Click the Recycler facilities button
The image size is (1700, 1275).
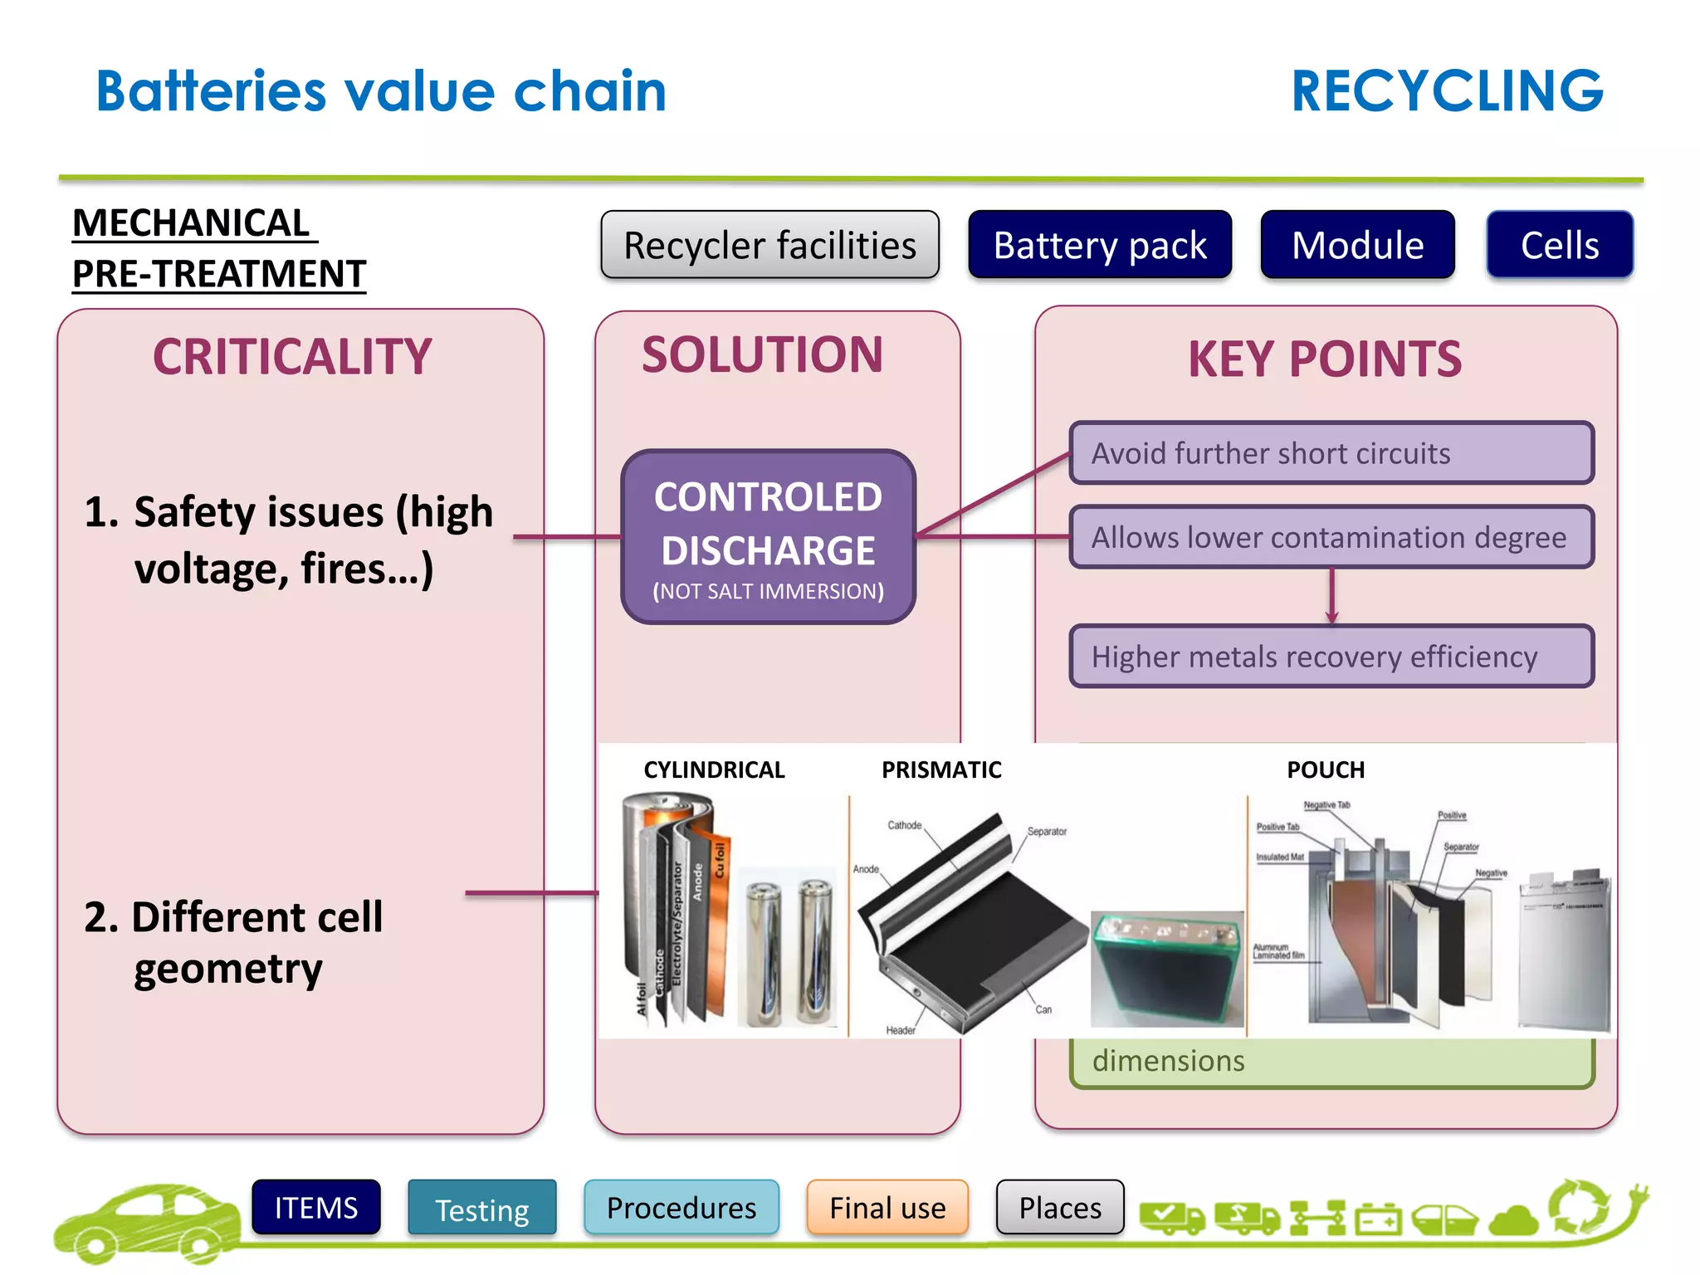[769, 245]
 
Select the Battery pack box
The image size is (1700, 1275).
[1099, 245]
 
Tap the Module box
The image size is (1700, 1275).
[1357, 245]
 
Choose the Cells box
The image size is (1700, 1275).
[1559, 245]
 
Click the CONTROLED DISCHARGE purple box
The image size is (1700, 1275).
[768, 536]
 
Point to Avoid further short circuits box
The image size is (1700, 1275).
[1331, 453]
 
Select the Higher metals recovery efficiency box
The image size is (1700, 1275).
[1331, 657]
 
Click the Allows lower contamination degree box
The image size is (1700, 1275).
[1331, 537]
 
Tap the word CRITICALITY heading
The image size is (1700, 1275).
[292, 357]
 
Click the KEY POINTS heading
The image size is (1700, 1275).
[1325, 359]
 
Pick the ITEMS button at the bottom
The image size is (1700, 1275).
[316, 1208]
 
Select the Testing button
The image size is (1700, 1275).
[481, 1209]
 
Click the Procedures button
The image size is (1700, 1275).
[681, 1208]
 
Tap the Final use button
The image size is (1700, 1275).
[887, 1208]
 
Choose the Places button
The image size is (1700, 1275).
[1060, 1208]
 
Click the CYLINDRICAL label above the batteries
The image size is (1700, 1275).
[714, 770]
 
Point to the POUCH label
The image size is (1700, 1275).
[1326, 770]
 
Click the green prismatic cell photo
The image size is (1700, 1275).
[1165, 970]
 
